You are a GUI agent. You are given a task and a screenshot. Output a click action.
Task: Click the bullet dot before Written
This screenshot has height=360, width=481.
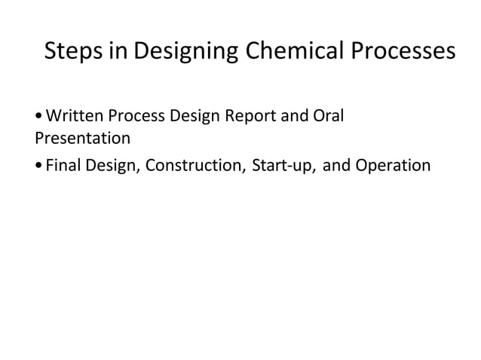[x=38, y=117]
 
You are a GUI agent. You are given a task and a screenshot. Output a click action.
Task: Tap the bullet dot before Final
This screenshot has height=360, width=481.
[x=38, y=166]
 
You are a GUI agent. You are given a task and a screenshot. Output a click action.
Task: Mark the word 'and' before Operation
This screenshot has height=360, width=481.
[x=336, y=165]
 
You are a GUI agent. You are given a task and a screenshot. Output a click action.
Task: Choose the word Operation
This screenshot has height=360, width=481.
[x=392, y=165]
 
